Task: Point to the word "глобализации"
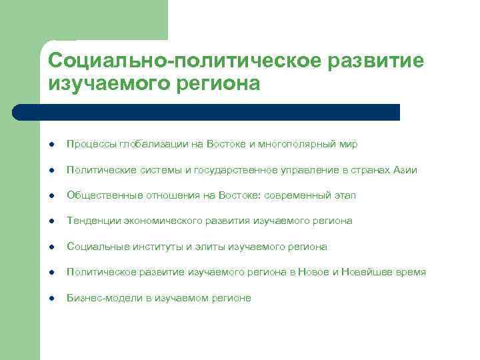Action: pos(145,144)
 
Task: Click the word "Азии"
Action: pos(405,170)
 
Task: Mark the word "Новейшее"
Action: pos(365,272)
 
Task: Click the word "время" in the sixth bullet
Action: pos(411,272)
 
